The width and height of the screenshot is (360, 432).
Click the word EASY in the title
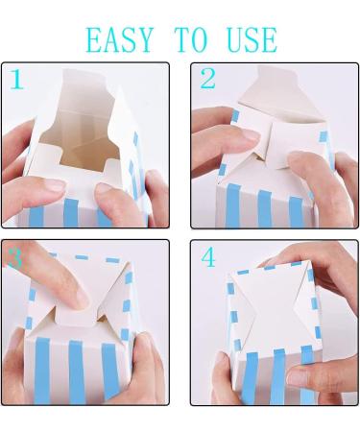coord(120,39)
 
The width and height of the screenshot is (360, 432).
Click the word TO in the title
coord(191,39)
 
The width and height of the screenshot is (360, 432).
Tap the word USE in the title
coord(252,39)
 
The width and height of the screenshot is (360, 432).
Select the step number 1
coord(17,79)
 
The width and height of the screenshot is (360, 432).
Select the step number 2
coord(208,78)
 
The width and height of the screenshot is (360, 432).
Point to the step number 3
coord(15,257)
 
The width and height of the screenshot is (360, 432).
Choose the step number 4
coord(208,257)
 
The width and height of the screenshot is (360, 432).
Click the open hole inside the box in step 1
coord(80,141)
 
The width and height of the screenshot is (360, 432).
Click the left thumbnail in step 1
coord(55,185)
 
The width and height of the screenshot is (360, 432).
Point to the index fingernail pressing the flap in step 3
coord(80,298)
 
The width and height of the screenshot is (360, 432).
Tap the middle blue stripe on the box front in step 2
coord(265,208)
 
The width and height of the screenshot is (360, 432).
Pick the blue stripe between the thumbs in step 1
coord(71,212)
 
